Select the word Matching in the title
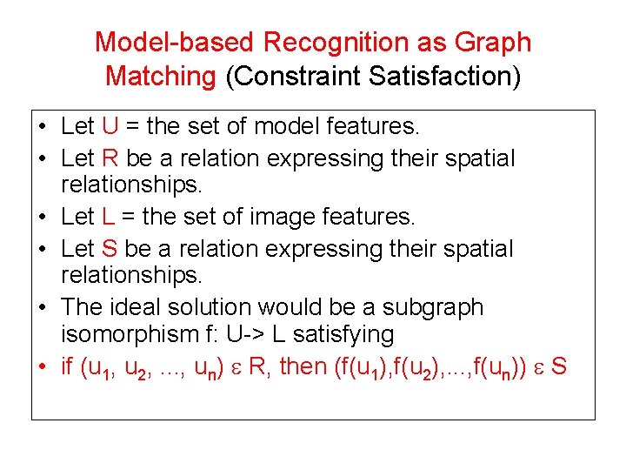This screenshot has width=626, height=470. (x=161, y=77)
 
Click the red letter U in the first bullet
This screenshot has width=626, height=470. (x=110, y=127)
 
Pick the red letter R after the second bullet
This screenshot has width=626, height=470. (x=110, y=159)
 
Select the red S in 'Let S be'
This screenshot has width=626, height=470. (x=109, y=249)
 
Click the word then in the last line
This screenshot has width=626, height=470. (x=303, y=366)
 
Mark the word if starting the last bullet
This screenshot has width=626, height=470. (x=66, y=366)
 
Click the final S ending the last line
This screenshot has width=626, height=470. (x=558, y=366)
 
